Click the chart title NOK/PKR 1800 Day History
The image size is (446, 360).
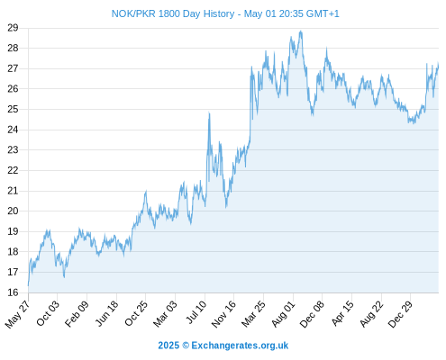click(x=173, y=13)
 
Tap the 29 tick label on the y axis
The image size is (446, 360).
click(x=13, y=28)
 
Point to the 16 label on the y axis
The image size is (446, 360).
click(x=13, y=292)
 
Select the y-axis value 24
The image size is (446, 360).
click(x=13, y=130)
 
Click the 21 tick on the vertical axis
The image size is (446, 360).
click(x=13, y=191)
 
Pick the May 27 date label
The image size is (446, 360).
click(x=18, y=313)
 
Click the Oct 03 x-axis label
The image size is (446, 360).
click(x=48, y=313)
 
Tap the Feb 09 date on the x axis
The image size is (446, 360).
click(x=77, y=313)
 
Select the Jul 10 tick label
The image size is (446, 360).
click(x=196, y=312)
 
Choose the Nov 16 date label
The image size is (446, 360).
click(x=223, y=313)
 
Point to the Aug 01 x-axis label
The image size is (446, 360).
click(x=284, y=313)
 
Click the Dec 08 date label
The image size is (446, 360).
click(x=313, y=313)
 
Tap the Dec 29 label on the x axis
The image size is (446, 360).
click(x=401, y=313)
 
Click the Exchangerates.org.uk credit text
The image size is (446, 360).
click(x=240, y=346)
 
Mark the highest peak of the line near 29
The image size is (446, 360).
click(x=301, y=31)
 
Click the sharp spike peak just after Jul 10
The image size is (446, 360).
click(x=209, y=112)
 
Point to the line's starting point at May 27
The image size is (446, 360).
click(x=29, y=285)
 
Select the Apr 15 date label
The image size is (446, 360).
click(x=342, y=313)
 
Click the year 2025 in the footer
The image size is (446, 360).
click(x=168, y=346)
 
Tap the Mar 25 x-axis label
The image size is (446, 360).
click(x=254, y=313)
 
